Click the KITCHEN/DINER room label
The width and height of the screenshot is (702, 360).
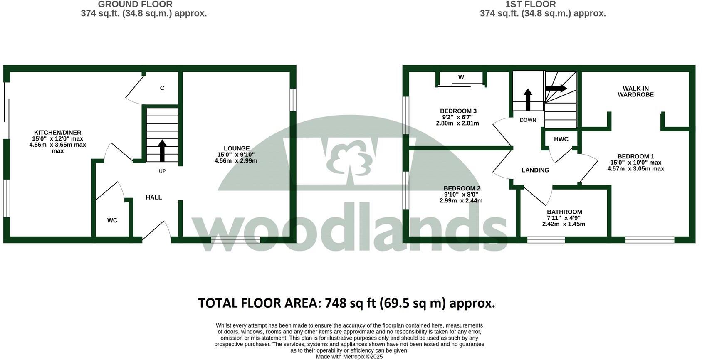click(57, 133)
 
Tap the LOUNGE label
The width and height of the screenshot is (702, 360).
click(237, 148)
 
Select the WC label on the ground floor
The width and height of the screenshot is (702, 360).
click(112, 220)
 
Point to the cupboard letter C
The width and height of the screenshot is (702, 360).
click(162, 88)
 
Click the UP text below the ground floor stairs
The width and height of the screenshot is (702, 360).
click(162, 171)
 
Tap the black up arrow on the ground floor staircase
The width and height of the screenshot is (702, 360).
click(162, 150)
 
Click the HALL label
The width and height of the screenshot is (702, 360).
click(153, 197)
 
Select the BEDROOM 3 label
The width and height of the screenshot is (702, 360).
click(458, 111)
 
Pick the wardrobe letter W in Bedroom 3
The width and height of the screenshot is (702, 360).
click(461, 77)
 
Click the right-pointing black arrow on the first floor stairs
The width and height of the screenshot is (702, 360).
click(556, 88)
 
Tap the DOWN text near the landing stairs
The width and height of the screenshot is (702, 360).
click(528, 120)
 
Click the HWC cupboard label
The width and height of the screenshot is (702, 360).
click(561, 139)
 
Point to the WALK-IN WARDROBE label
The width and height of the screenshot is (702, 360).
click(635, 91)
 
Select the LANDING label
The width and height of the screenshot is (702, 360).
click(535, 170)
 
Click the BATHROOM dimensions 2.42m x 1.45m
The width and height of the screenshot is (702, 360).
click(564, 224)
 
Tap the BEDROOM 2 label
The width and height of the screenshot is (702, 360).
click(462, 188)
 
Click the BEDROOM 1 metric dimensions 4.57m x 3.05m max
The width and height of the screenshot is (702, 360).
click(635, 169)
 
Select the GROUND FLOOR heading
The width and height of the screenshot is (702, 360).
click(135, 5)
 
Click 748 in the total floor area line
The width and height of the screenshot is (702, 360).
click(336, 303)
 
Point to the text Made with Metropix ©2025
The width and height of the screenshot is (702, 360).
click(349, 357)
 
